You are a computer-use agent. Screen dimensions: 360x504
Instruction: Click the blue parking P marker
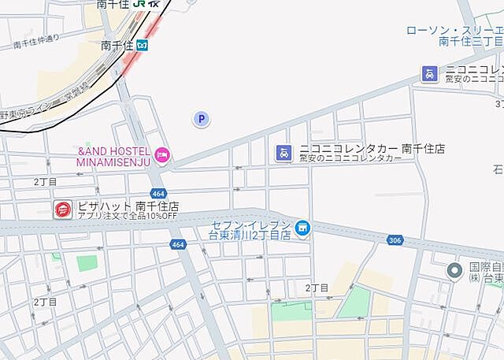coord(202,119)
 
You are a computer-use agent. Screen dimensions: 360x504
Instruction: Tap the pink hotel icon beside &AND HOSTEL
coord(161,154)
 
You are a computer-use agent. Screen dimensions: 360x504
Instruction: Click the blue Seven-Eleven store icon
coord(302,228)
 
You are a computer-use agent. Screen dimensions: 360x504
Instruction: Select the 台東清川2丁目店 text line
coord(249,235)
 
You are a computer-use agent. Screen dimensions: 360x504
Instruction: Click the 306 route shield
coord(396,239)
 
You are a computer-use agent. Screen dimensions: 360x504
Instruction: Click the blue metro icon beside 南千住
coord(143,46)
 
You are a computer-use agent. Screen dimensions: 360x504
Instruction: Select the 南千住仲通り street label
coord(36,42)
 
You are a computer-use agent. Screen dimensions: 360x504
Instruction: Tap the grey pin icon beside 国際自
coord(454,272)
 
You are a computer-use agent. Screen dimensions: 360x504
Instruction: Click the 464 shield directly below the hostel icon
coord(158,193)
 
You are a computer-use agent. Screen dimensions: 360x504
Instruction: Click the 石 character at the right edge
coord(498,169)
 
